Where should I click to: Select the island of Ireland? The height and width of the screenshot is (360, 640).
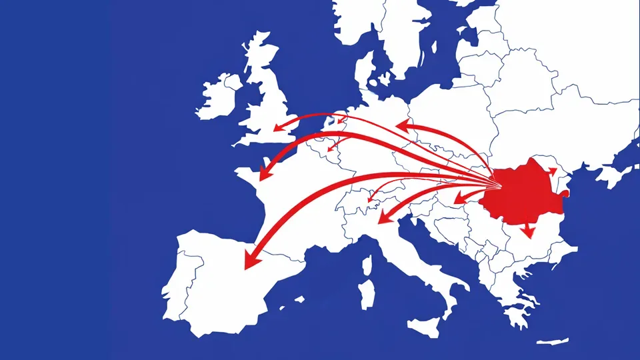click(x=217, y=97)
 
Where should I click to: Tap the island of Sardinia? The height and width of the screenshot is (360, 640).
click(x=366, y=293)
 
